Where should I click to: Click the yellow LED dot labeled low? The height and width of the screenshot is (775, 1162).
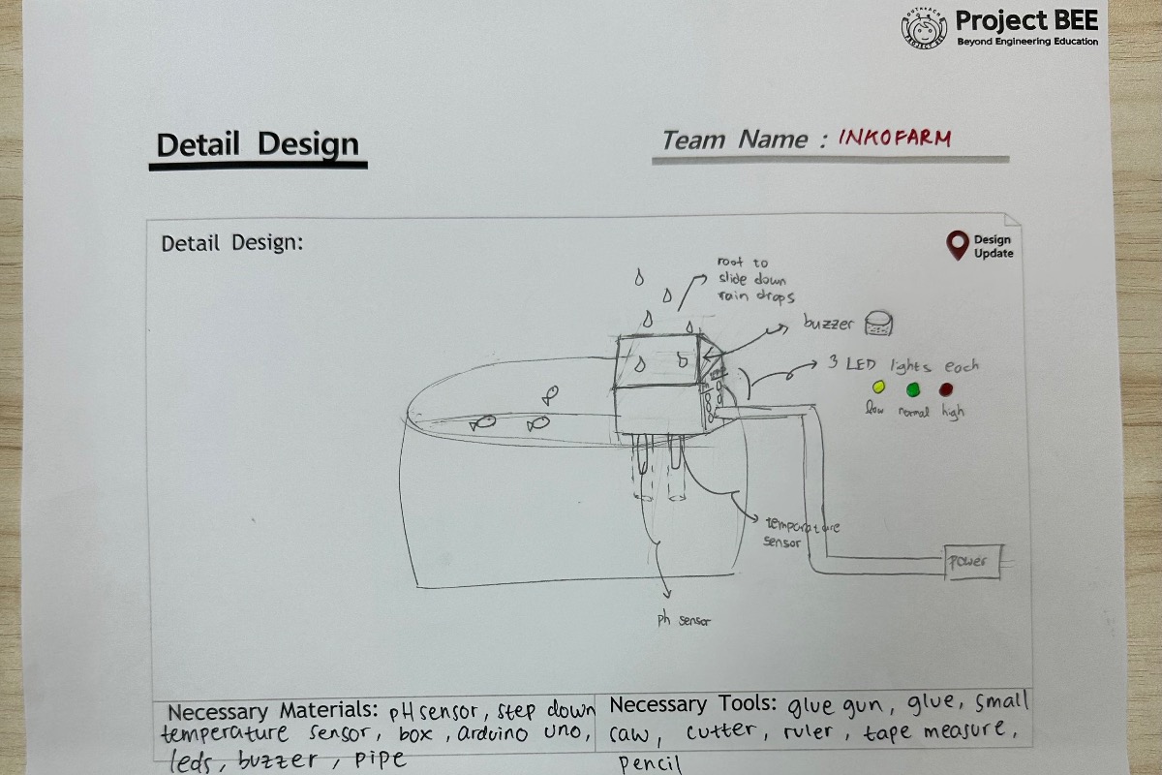pos(879,387)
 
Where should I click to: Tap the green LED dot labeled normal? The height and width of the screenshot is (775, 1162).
pos(912,389)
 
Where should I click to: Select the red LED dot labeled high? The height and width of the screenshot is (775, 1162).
pos(946,389)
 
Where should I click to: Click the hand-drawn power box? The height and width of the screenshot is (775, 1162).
pos(971,562)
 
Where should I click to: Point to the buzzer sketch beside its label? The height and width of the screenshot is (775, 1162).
pos(879,324)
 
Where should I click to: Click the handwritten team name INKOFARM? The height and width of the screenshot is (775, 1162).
pos(895,138)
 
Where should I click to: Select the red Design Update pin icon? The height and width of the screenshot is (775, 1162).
pos(958,245)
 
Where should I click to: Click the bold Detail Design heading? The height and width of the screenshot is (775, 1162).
pos(258,145)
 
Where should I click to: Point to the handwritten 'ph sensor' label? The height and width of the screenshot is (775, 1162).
pos(684,620)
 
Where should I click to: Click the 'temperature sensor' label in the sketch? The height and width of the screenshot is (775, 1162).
pos(798,535)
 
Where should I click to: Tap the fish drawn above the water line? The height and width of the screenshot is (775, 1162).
pos(550,394)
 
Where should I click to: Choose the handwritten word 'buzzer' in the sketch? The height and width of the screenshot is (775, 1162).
pos(828,324)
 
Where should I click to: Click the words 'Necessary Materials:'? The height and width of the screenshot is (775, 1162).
pos(276,711)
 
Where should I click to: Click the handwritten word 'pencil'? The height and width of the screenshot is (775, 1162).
pos(651,764)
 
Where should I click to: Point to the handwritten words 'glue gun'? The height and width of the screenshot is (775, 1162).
pos(835,704)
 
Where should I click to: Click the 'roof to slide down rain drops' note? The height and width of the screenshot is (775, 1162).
pos(754,279)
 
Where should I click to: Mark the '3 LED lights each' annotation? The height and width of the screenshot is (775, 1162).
pos(902,365)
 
